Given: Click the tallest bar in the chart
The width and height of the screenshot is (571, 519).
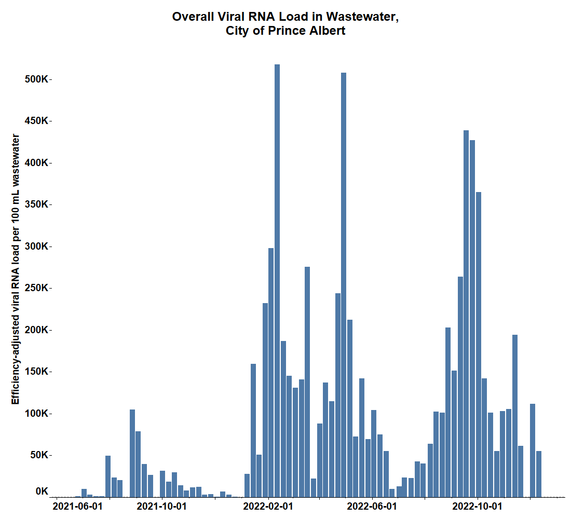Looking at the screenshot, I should (277, 280).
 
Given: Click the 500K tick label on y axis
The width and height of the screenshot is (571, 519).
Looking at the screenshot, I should (37, 79).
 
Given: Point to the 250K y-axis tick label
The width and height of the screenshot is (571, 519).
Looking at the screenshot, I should (37, 288).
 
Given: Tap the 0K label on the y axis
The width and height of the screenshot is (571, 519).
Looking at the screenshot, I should (42, 491).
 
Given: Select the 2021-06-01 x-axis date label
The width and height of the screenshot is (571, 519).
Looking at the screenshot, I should (78, 506).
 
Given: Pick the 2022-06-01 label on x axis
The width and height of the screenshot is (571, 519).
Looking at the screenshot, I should (372, 506).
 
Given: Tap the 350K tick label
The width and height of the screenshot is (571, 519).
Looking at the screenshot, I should (37, 204).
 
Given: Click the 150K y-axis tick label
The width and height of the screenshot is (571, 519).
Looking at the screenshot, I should (37, 372).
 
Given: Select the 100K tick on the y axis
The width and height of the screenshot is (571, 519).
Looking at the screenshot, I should (37, 414).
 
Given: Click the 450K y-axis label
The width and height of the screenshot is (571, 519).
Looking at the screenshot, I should (37, 121).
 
